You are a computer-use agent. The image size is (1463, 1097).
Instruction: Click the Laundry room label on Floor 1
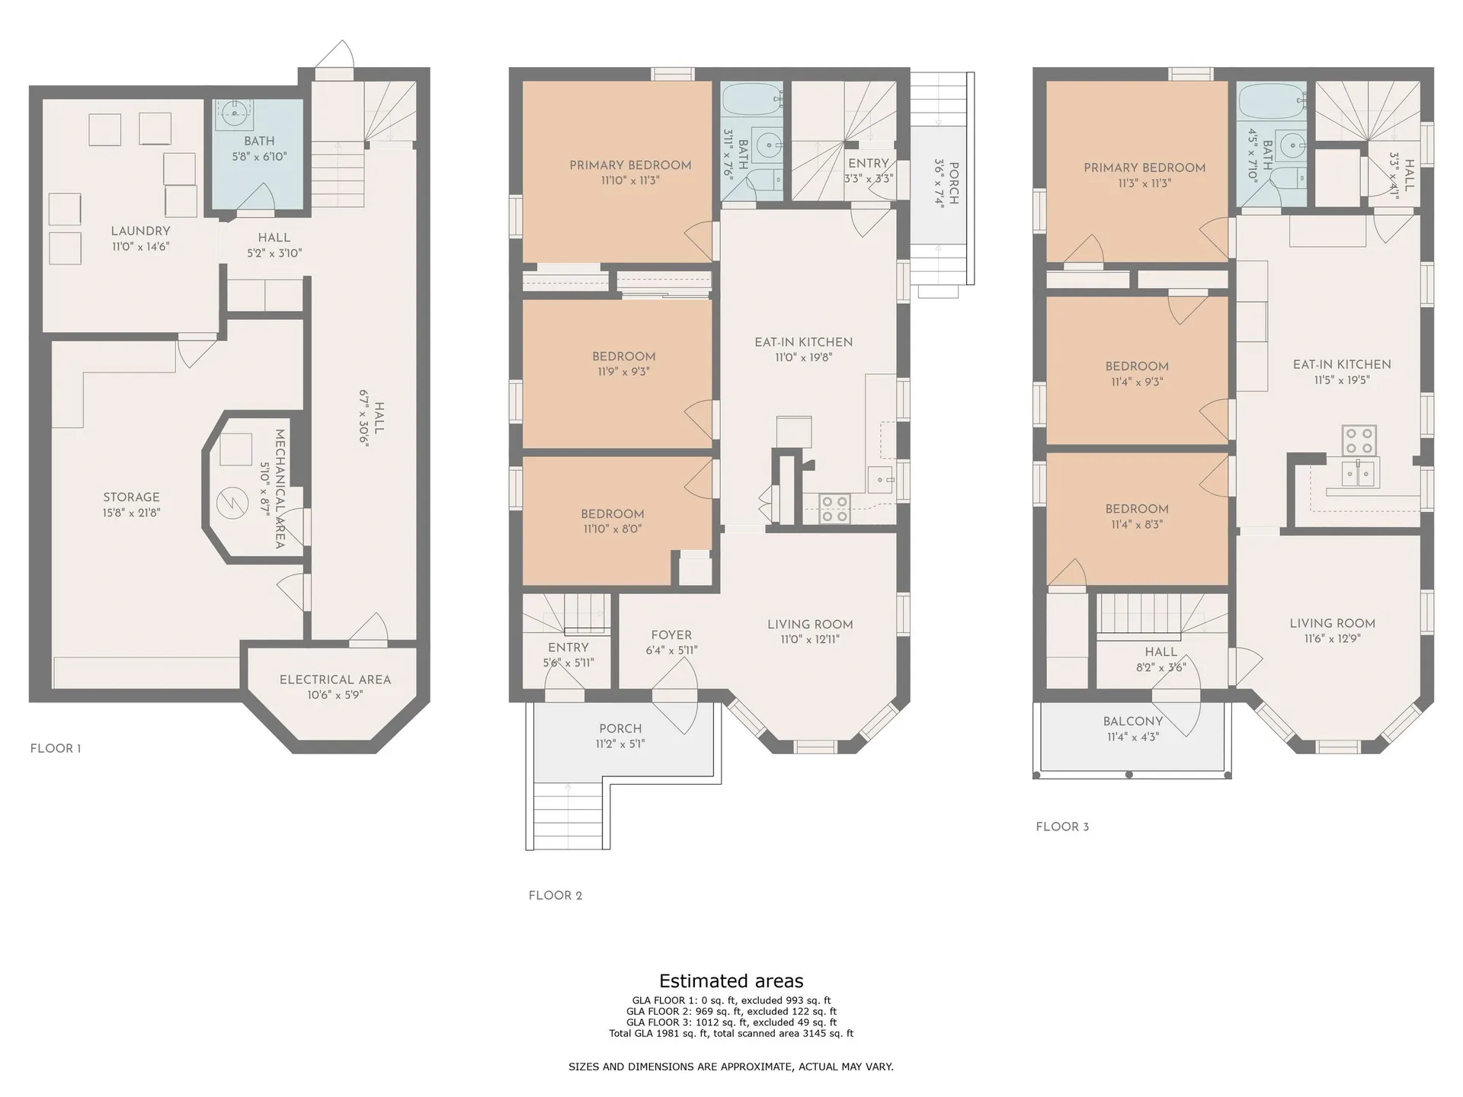140,231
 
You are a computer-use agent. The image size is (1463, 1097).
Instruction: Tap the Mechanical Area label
280,489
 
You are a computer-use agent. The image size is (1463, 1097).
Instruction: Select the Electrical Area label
335,680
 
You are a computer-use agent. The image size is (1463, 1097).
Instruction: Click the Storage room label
131,497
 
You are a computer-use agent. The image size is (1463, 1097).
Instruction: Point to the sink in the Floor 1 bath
235,114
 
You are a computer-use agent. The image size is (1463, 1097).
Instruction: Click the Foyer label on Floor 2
671,635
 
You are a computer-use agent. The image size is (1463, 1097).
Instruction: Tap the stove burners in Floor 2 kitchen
834,508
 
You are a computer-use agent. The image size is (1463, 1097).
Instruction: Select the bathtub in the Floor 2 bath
751,99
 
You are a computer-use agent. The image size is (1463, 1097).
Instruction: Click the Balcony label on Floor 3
1133,721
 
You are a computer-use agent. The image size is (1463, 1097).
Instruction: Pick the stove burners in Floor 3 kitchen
1359,439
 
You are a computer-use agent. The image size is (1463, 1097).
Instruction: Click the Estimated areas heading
731,980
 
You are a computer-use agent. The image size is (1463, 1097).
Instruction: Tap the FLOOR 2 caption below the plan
555,895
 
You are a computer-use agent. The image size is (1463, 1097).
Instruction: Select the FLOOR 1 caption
56,748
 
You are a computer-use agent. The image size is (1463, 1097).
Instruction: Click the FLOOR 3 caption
1062,827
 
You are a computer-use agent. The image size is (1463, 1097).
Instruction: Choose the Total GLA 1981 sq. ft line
731,1034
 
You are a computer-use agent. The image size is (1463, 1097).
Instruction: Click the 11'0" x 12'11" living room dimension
810,640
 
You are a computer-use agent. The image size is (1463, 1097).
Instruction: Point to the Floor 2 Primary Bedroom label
630,165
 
